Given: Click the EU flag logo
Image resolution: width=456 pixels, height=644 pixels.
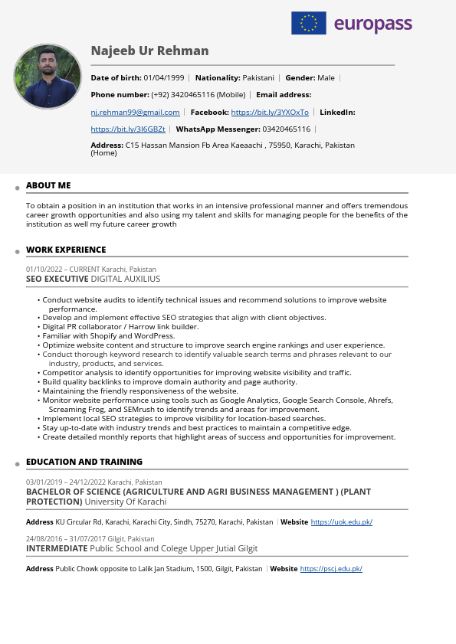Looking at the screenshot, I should point(308,23).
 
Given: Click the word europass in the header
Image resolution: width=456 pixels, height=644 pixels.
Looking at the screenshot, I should point(372,24).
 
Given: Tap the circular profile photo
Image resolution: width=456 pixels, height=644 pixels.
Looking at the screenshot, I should point(48,77).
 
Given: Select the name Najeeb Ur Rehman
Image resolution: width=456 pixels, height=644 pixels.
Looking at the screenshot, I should point(149,51).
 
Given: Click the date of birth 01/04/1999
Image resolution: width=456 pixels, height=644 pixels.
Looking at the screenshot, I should point(164,78).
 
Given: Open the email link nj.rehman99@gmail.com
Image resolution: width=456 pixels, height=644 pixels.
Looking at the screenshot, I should point(135,113).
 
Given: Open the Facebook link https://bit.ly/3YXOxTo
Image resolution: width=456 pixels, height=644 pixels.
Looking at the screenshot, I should point(270,113).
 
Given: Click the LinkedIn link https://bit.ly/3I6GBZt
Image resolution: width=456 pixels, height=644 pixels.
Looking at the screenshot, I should point(128,129).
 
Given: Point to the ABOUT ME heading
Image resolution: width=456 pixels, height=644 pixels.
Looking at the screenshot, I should point(48,185).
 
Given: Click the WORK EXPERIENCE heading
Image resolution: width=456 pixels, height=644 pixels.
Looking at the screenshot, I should point(66,250).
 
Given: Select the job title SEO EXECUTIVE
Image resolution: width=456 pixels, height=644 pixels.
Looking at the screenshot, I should point(57,279).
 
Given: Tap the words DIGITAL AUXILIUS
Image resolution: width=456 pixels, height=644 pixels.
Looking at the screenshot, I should point(126,279).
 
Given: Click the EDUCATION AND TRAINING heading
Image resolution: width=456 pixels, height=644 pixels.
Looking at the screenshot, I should point(84,462).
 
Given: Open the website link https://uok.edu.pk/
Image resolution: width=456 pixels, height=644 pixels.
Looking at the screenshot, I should point(341,522).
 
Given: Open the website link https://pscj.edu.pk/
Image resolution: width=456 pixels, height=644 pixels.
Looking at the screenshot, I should point(331,569).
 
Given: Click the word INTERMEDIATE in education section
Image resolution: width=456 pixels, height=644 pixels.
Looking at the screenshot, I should point(57,548).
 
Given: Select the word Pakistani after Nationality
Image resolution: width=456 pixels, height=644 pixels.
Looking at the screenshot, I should point(258,78).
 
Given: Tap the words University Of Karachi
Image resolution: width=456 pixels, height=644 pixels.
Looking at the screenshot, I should point(125,502).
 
